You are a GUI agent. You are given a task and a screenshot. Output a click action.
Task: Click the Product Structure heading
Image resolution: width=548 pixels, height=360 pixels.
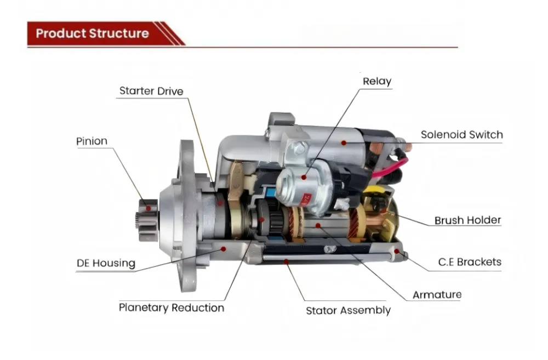(92, 33)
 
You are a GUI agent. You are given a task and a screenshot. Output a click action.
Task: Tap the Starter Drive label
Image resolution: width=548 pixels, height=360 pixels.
(151, 91)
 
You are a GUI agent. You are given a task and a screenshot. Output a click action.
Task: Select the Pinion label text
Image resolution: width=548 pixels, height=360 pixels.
(92, 141)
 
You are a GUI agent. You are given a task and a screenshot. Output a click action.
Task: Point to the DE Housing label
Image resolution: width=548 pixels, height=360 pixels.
(106, 263)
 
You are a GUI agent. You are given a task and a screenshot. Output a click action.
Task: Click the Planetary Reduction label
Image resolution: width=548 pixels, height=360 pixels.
(172, 307)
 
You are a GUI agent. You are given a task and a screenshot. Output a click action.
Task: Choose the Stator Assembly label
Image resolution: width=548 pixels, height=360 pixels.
(348, 310)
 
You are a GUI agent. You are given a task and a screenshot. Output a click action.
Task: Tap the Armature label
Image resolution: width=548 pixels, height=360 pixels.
(437, 295)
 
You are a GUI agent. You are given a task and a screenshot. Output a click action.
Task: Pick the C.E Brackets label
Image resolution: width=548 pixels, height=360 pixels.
(470, 262)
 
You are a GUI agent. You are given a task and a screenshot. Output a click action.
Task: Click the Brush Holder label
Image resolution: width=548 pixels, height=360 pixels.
(467, 220)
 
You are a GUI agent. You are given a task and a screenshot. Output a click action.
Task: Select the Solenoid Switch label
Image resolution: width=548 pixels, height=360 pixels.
(461, 135)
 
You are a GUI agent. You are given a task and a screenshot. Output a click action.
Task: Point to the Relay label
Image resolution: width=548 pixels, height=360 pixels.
(377, 81)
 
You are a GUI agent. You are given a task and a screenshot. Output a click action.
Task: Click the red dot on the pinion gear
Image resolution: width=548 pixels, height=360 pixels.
(148, 209)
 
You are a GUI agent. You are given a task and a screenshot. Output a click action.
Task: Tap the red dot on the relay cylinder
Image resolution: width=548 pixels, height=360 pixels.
(304, 178)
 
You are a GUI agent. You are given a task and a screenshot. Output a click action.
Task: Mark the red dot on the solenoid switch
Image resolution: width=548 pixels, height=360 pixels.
(344, 143)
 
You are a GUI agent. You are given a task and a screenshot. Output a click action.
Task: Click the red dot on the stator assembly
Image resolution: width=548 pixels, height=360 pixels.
(286, 261)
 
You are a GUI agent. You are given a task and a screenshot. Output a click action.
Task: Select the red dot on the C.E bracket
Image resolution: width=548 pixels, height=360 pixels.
(397, 251)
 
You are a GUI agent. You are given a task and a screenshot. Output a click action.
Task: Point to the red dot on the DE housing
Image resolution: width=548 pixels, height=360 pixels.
(224, 249)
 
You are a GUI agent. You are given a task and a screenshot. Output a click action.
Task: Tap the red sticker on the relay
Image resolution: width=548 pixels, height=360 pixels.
(306, 200)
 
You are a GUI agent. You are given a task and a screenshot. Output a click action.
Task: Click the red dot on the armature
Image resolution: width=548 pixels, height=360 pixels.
(318, 226)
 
